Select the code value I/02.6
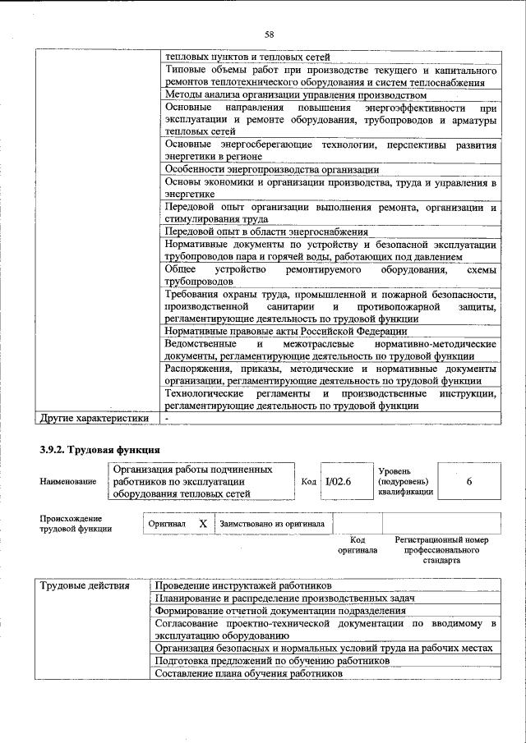click(x=337, y=481)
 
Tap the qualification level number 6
click(x=468, y=481)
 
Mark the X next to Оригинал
click(x=202, y=523)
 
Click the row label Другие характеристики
click(x=95, y=418)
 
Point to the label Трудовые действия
click(x=85, y=586)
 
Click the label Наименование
click(x=67, y=482)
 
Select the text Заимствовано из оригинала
click(x=271, y=523)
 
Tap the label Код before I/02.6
click(x=308, y=481)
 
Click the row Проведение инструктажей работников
click(x=243, y=586)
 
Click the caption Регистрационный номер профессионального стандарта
click(x=441, y=550)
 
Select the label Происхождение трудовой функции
click(x=71, y=524)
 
